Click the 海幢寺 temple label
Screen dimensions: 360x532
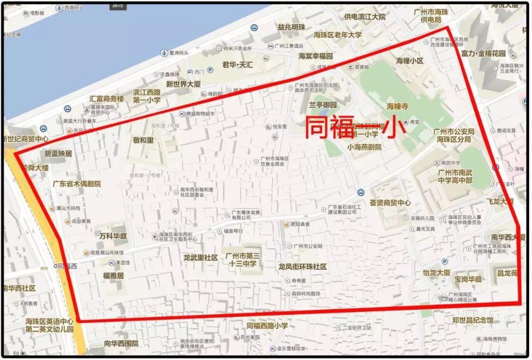tap(398, 106)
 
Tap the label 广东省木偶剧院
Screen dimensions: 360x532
tap(76, 184)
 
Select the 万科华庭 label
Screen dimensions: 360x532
tap(113, 236)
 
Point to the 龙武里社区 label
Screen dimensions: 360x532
tap(200, 258)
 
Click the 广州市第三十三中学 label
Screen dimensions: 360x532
tap(242, 260)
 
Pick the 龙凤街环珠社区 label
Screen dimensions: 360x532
tap(302, 266)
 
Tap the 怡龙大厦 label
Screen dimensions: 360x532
tap(436, 272)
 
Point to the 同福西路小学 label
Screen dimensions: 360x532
tap(267, 326)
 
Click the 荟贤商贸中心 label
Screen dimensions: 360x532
tap(390, 202)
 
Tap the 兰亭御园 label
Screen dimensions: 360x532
tap(323, 105)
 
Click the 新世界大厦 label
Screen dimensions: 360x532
tap(183, 84)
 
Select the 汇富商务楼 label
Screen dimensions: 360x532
tap(106, 98)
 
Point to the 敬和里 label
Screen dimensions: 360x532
tap(143, 140)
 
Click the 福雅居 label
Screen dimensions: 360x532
tap(113, 276)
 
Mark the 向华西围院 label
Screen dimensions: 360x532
tap(121, 343)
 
